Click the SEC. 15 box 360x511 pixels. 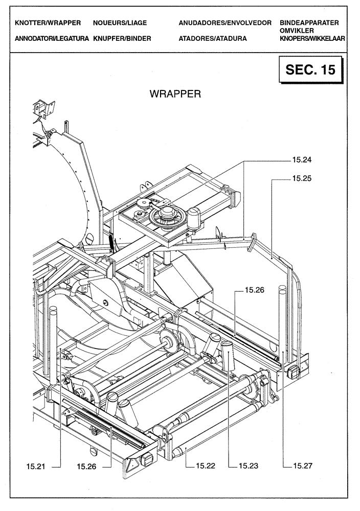click(x=310, y=69)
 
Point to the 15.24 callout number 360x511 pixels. click(x=302, y=160)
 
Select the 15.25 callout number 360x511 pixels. click(x=302, y=179)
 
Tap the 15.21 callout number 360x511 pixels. click(x=37, y=466)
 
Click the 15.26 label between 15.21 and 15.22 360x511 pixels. click(x=87, y=466)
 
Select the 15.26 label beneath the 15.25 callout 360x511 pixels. click(x=254, y=290)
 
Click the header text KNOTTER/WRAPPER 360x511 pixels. click(x=48, y=23)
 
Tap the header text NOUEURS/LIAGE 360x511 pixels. click(x=120, y=23)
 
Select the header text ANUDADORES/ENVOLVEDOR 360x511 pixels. click(x=225, y=23)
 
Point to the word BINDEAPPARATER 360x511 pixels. click(x=309, y=23)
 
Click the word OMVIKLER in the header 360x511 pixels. click(x=297, y=31)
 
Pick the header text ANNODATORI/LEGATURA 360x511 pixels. click(x=52, y=38)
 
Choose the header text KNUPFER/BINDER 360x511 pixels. click(x=122, y=38)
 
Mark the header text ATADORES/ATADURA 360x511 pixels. click(x=213, y=38)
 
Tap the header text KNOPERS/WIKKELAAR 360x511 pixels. click(x=312, y=38)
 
